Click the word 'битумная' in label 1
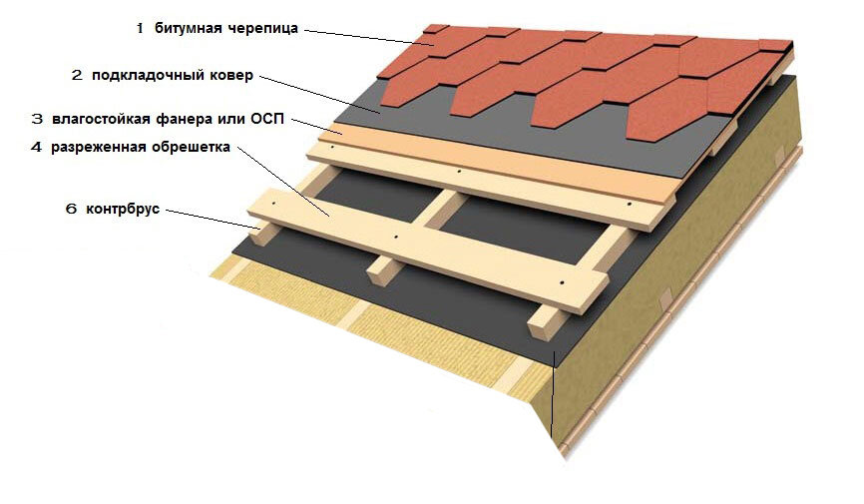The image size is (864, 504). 187,29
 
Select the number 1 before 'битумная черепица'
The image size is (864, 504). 140,29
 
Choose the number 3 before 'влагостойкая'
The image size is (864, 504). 37,119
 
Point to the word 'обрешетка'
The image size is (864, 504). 189,148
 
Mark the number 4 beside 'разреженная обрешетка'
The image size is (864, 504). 37,148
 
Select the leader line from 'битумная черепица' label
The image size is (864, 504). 363,37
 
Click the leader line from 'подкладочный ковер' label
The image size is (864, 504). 319,95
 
